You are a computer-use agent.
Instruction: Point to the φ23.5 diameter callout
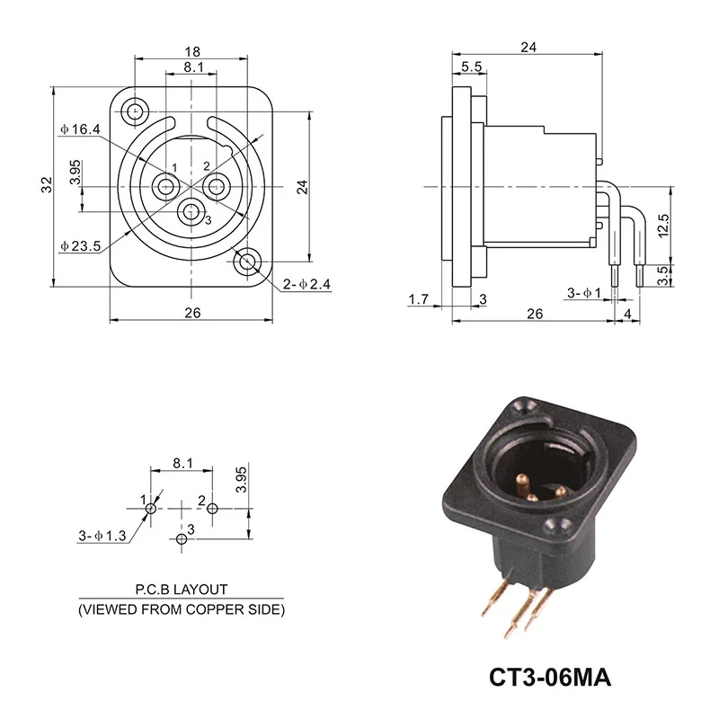[79, 245]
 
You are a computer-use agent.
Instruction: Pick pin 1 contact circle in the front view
[165, 187]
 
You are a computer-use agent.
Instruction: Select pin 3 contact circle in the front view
[190, 213]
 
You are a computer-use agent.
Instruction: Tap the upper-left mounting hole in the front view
[136, 111]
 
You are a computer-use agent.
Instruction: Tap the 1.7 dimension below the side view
[418, 298]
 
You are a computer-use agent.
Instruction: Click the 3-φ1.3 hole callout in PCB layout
[102, 537]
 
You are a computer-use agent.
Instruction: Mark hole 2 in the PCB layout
[212, 509]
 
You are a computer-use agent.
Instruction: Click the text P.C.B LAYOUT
[182, 590]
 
